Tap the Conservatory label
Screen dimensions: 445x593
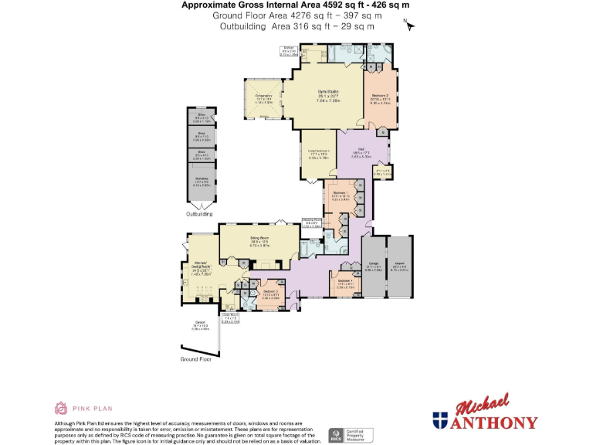click(264, 98)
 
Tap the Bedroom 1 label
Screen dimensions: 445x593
click(341, 195)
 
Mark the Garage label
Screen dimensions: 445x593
click(373, 268)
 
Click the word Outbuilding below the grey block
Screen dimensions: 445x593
click(199, 213)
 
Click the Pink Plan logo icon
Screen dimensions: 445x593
click(61, 407)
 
